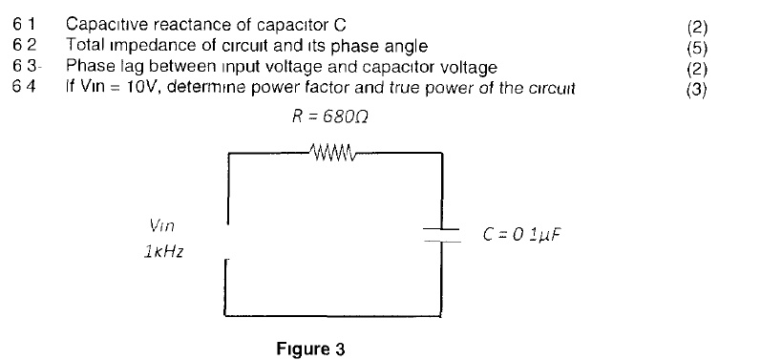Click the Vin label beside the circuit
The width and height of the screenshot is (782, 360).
[x=161, y=226]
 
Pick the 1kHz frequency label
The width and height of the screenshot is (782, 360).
[x=159, y=255]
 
